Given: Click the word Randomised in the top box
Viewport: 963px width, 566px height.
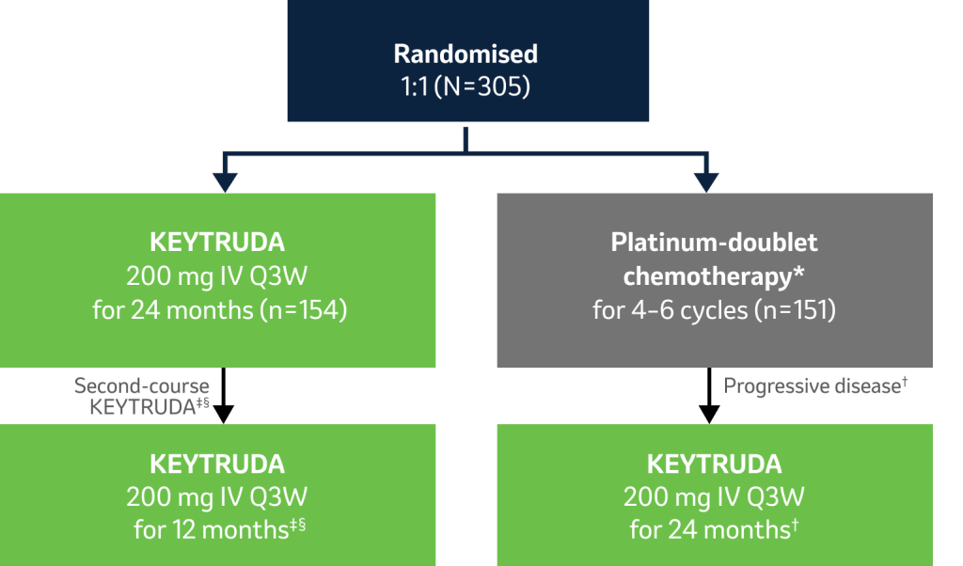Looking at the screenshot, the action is [466, 54].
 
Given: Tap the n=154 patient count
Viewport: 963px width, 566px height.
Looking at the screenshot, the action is [304, 310].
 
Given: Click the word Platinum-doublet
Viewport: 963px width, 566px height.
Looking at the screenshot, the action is [714, 244].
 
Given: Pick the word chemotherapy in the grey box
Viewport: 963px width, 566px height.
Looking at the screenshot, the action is [707, 276].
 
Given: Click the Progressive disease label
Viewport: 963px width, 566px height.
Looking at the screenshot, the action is [812, 386].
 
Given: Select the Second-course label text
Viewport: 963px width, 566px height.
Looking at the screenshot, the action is [142, 385].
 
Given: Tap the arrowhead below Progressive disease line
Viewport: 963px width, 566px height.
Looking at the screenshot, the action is [709, 415].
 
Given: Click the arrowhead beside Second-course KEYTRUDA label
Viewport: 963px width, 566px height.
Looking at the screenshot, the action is [224, 415].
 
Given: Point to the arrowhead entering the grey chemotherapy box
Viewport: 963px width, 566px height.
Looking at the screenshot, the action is [706, 182].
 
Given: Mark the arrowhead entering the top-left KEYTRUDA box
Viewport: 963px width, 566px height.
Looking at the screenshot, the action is [226, 182].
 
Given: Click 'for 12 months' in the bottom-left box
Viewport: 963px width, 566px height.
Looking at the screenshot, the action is [212, 529].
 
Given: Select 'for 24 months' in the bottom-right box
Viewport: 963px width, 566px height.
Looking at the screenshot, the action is [710, 529].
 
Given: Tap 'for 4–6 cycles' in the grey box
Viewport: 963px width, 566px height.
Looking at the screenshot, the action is [670, 310].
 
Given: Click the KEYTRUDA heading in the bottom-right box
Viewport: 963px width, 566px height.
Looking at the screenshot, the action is [715, 464].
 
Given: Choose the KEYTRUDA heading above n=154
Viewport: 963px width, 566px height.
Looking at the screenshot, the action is [217, 243].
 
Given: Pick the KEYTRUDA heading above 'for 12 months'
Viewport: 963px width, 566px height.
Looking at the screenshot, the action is [217, 464].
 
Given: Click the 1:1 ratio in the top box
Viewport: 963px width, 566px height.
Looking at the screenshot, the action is [415, 86].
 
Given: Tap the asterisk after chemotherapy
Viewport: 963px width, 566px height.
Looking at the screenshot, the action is [798, 272].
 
